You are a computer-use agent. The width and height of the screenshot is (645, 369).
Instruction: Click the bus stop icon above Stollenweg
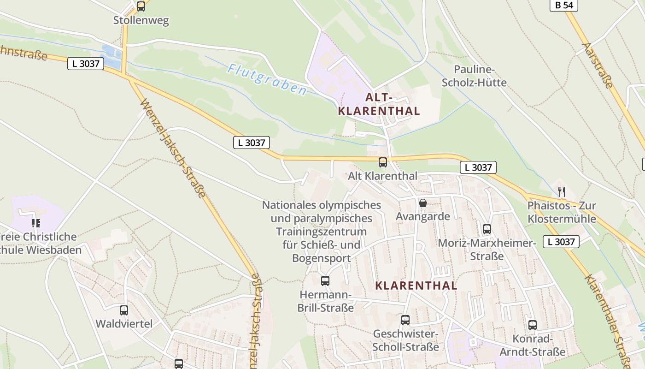(141, 6)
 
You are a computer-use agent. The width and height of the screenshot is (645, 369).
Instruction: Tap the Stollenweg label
(141, 20)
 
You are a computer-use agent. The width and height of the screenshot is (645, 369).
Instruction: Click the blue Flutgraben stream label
(267, 79)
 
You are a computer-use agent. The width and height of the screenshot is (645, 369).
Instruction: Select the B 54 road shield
(563, 5)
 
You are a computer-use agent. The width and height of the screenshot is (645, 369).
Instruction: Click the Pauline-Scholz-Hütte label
(474, 76)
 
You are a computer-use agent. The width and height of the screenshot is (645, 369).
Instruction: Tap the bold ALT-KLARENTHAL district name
(379, 104)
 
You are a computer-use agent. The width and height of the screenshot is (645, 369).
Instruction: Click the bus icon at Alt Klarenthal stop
(383, 162)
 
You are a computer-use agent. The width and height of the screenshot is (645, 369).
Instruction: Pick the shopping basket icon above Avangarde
(422, 203)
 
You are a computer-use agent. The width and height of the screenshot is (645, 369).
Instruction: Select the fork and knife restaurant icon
(561, 192)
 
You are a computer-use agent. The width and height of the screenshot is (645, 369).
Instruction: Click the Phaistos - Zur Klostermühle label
(562, 212)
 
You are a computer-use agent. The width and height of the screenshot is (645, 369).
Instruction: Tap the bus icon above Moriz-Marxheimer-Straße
(487, 229)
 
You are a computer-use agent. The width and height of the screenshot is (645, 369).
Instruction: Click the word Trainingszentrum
(321, 231)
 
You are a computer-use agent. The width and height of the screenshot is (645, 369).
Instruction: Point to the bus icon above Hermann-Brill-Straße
(325, 280)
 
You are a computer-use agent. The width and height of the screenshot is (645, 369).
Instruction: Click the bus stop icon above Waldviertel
(123, 310)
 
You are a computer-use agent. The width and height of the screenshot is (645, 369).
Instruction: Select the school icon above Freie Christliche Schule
(35, 223)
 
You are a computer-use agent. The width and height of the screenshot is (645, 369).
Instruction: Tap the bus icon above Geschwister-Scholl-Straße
(405, 320)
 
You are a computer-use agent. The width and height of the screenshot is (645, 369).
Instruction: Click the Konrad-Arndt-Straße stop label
(533, 345)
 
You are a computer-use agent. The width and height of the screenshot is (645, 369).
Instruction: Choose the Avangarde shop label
(422, 216)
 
